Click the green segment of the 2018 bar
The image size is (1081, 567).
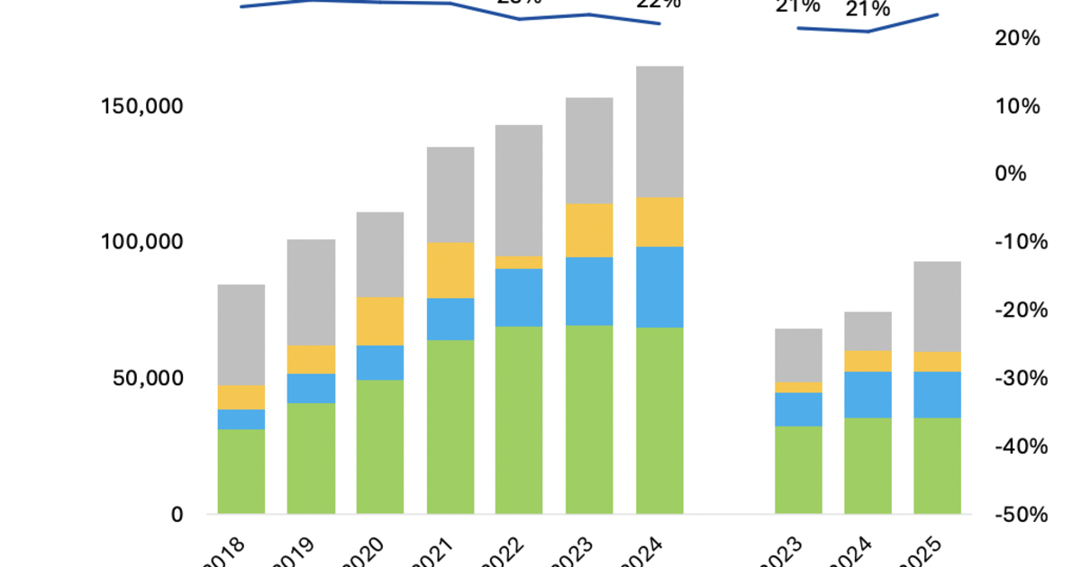click(241, 472)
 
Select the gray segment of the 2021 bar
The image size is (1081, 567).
click(450, 194)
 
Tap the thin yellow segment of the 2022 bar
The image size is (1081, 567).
click(520, 262)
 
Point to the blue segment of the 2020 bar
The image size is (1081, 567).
click(380, 362)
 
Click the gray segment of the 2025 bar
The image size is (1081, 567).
click(938, 306)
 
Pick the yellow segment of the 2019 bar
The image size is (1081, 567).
click(311, 359)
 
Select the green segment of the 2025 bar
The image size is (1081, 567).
click(938, 465)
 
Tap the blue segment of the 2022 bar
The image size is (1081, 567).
click(520, 297)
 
